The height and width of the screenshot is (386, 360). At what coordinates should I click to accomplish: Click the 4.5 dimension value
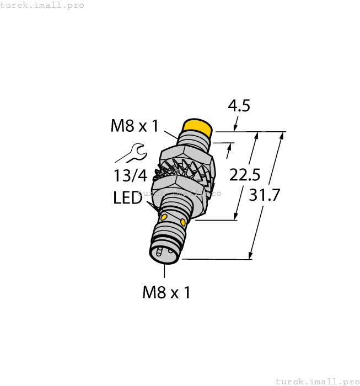click(x=238, y=105)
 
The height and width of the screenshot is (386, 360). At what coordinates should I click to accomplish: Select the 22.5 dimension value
click(x=245, y=175)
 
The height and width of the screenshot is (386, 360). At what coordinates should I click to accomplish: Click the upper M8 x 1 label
click(x=135, y=126)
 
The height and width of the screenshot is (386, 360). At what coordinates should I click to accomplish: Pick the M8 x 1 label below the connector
click(x=166, y=292)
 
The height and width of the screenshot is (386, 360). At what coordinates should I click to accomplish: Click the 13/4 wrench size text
click(x=130, y=176)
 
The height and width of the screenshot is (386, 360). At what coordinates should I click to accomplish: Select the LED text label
click(x=128, y=197)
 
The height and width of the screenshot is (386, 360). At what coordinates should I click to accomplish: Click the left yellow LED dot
click(x=163, y=217)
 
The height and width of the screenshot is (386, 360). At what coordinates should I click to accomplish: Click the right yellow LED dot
click(x=184, y=222)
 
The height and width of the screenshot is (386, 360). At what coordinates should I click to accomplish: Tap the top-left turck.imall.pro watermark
click(x=42, y=5)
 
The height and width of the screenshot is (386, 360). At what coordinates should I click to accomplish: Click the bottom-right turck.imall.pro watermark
click(x=316, y=381)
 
